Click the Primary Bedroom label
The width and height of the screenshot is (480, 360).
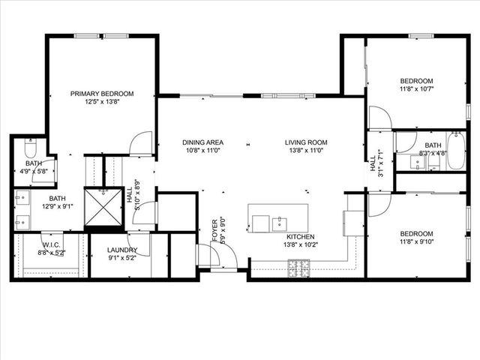[x=102, y=93]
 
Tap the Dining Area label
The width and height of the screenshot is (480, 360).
[x=203, y=142]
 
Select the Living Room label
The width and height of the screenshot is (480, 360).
[x=306, y=142]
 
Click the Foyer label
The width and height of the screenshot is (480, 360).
[x=215, y=228]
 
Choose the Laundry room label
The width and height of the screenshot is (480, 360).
[x=121, y=250]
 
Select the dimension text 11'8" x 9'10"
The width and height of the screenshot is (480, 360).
[x=416, y=241]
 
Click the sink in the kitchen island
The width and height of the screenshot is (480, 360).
[x=279, y=222]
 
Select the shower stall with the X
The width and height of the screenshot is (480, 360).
[x=102, y=208]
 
